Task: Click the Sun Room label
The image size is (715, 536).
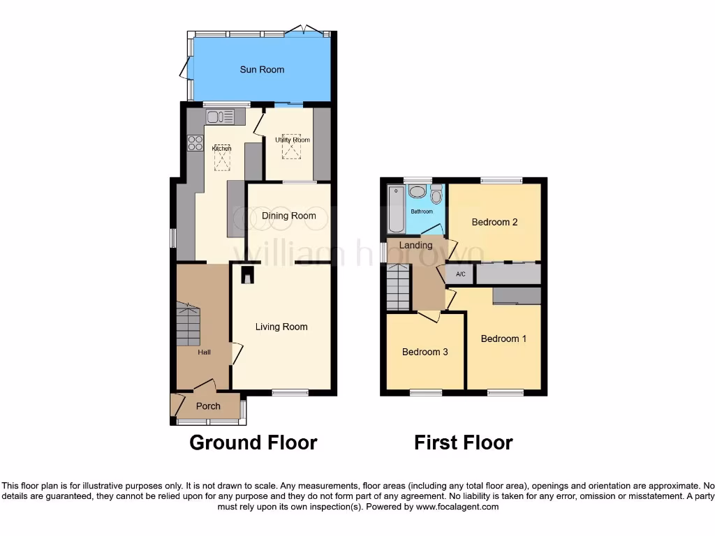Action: click(x=262, y=70)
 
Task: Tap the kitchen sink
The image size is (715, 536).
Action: click(x=221, y=117)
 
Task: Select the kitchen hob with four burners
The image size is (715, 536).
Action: click(x=195, y=142)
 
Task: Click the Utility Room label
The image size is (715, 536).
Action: click(x=292, y=140)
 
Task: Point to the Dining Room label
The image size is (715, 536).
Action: click(x=288, y=216)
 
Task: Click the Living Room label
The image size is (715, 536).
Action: click(x=281, y=327)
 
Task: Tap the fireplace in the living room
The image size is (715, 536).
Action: click(x=247, y=276)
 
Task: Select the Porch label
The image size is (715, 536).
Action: click(x=208, y=406)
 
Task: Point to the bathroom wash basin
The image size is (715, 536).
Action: click(x=418, y=192)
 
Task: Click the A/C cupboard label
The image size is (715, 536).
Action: click(x=461, y=274)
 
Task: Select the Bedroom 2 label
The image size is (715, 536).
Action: click(x=494, y=223)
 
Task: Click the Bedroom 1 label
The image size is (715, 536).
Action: click(x=503, y=338)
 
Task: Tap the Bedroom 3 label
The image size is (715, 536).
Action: click(x=425, y=352)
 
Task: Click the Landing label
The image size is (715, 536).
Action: click(x=415, y=245)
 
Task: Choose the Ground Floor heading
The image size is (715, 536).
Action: click(x=253, y=442)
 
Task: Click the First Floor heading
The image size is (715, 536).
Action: click(x=463, y=442)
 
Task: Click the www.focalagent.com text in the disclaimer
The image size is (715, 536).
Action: click(x=457, y=507)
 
